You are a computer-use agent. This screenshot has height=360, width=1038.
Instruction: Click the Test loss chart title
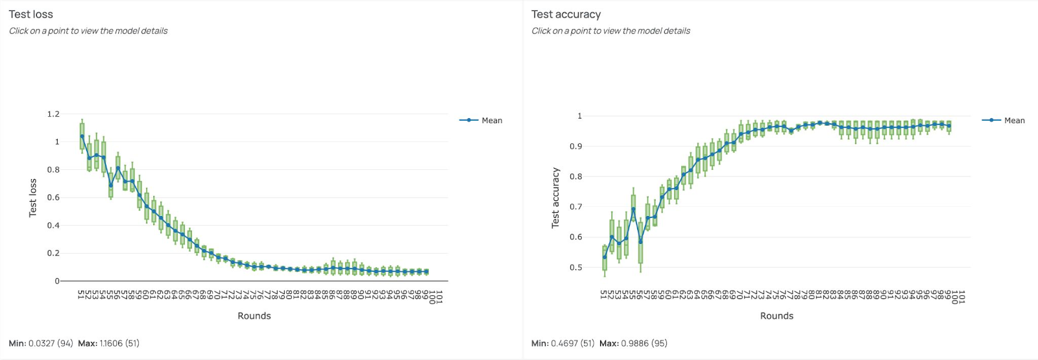click(30, 14)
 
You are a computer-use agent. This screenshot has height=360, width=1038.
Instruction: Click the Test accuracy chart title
click(566, 14)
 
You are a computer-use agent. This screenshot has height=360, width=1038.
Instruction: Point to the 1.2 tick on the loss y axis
click(53, 114)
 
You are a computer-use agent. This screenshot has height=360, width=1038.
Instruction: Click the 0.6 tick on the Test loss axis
click(53, 198)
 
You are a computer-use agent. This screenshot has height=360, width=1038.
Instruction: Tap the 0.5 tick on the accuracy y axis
click(575, 267)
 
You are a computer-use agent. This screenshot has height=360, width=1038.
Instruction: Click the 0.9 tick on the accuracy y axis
click(575, 147)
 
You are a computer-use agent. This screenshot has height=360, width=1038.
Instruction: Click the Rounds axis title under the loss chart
click(254, 316)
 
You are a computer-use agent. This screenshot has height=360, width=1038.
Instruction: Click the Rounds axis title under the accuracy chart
click(777, 316)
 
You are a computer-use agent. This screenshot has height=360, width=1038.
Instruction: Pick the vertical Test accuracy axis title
click(555, 198)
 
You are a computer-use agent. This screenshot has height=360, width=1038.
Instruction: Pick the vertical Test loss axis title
click(32, 198)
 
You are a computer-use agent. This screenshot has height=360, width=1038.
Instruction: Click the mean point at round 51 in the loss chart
click(82, 136)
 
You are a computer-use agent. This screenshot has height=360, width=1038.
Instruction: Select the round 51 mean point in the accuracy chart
click(605, 258)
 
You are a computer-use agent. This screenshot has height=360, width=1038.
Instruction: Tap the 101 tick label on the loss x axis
click(439, 297)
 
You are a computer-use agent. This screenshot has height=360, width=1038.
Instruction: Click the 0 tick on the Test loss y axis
click(56, 282)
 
